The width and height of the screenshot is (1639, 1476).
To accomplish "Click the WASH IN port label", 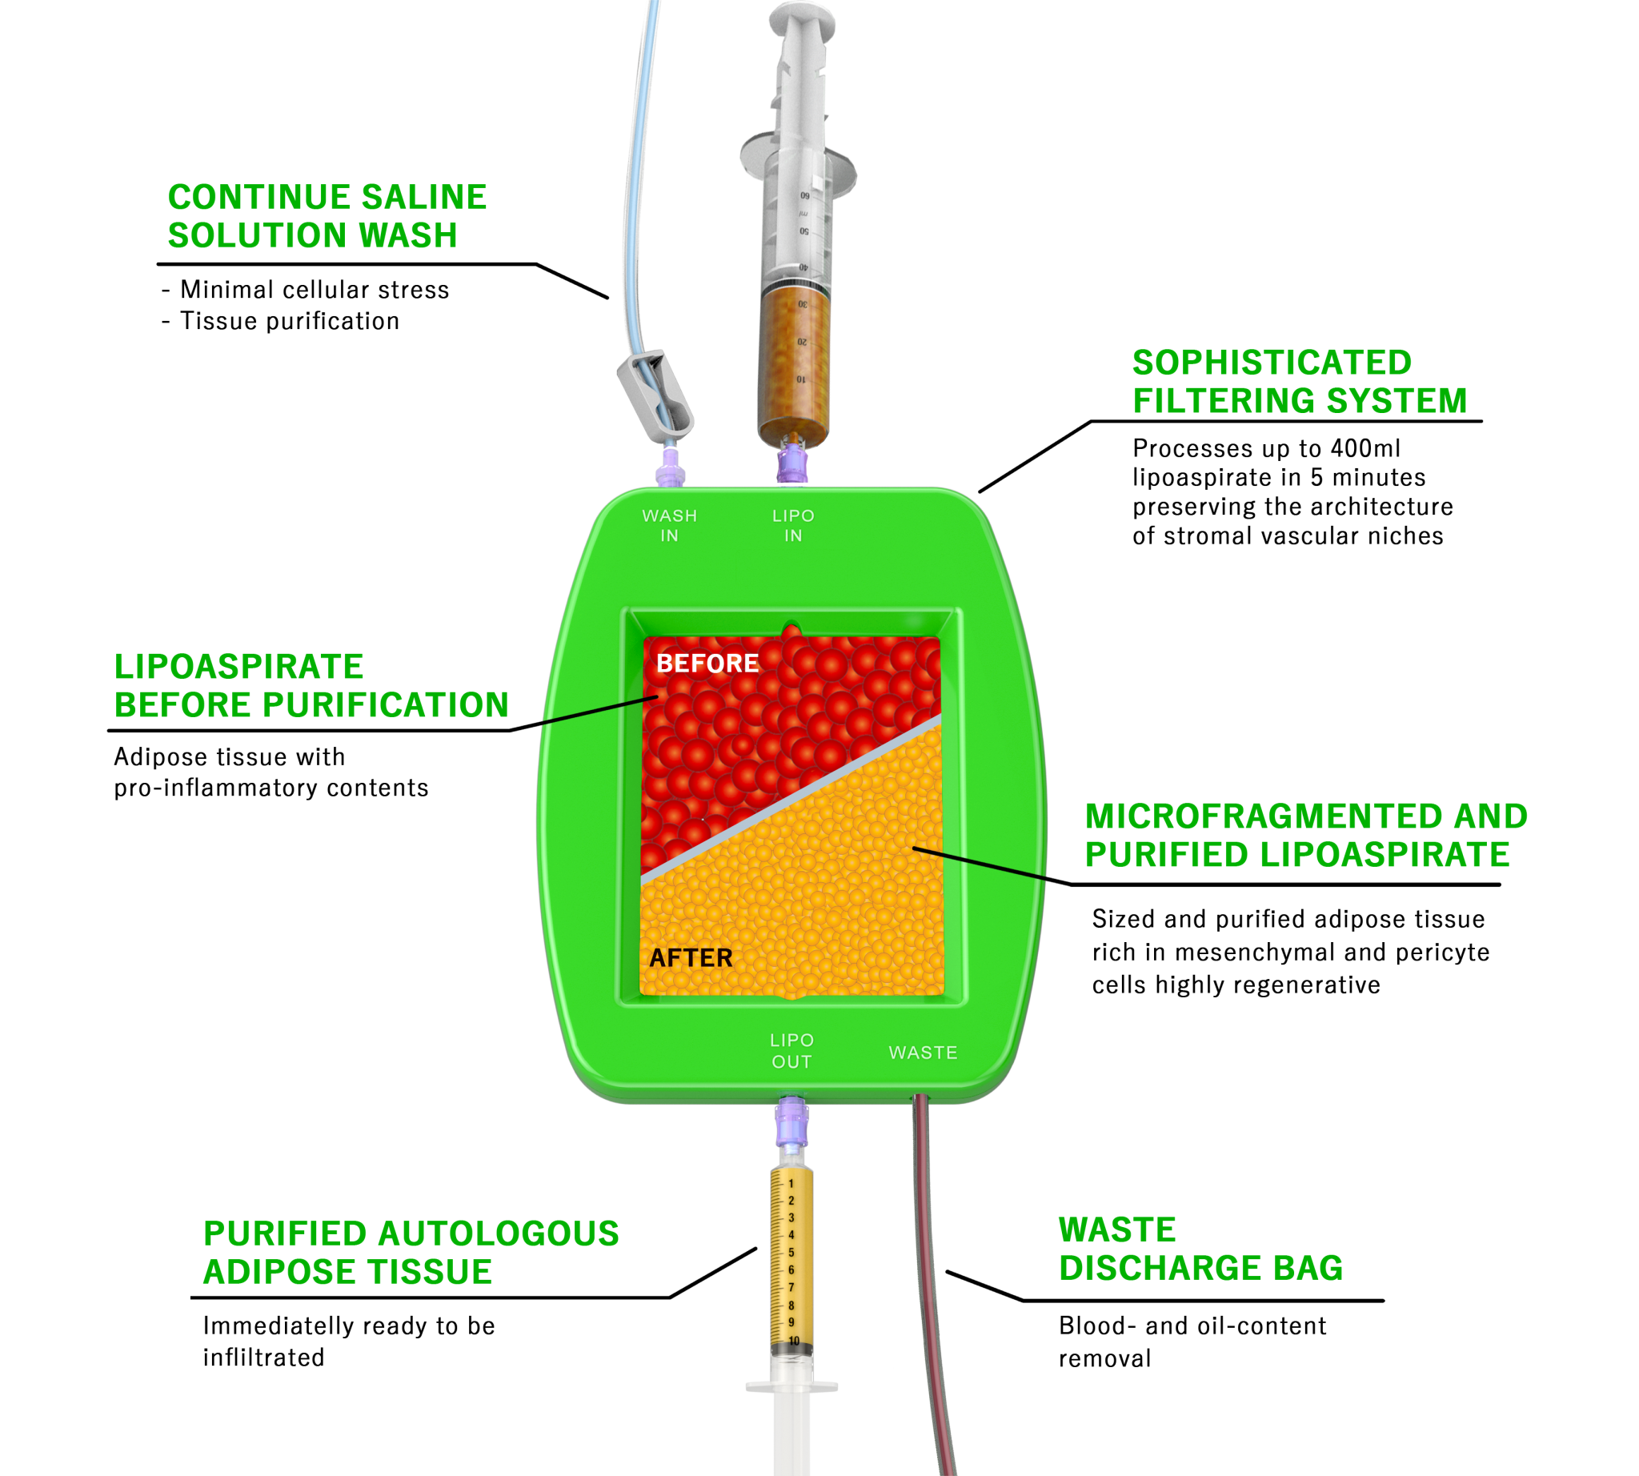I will coord(669,526).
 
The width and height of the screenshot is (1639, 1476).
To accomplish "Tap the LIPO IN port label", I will coord(793,526).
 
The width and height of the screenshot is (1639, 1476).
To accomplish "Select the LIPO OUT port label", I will coord(791,1050).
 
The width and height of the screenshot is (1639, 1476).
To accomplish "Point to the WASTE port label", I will coord(923,1053).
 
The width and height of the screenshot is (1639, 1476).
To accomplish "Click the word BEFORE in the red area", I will coord(707,664).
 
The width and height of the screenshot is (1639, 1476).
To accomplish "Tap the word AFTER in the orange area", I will coord(691,958).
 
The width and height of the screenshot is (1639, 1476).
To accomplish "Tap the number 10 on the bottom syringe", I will coord(794,1341).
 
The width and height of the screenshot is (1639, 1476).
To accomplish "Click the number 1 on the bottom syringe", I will coord(791,1184).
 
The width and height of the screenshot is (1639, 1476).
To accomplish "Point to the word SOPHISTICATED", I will coord(1272,363).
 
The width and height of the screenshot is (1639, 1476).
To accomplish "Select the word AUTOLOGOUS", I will coord(498,1233).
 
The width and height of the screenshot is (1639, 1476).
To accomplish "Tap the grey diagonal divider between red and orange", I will coord(791,799).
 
